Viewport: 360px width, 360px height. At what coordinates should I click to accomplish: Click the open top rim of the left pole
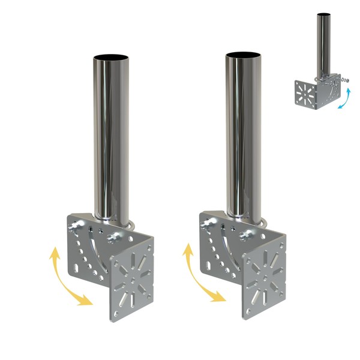click(x=111, y=58)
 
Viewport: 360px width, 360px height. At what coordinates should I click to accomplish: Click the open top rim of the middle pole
click(x=244, y=56)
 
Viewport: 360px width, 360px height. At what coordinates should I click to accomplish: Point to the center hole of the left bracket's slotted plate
click(x=131, y=281)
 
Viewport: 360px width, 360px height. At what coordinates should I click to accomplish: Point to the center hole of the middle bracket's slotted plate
click(x=263, y=277)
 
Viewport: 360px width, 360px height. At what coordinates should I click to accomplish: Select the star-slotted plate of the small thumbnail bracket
click(x=308, y=95)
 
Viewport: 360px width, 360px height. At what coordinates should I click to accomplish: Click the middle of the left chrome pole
click(x=111, y=138)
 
